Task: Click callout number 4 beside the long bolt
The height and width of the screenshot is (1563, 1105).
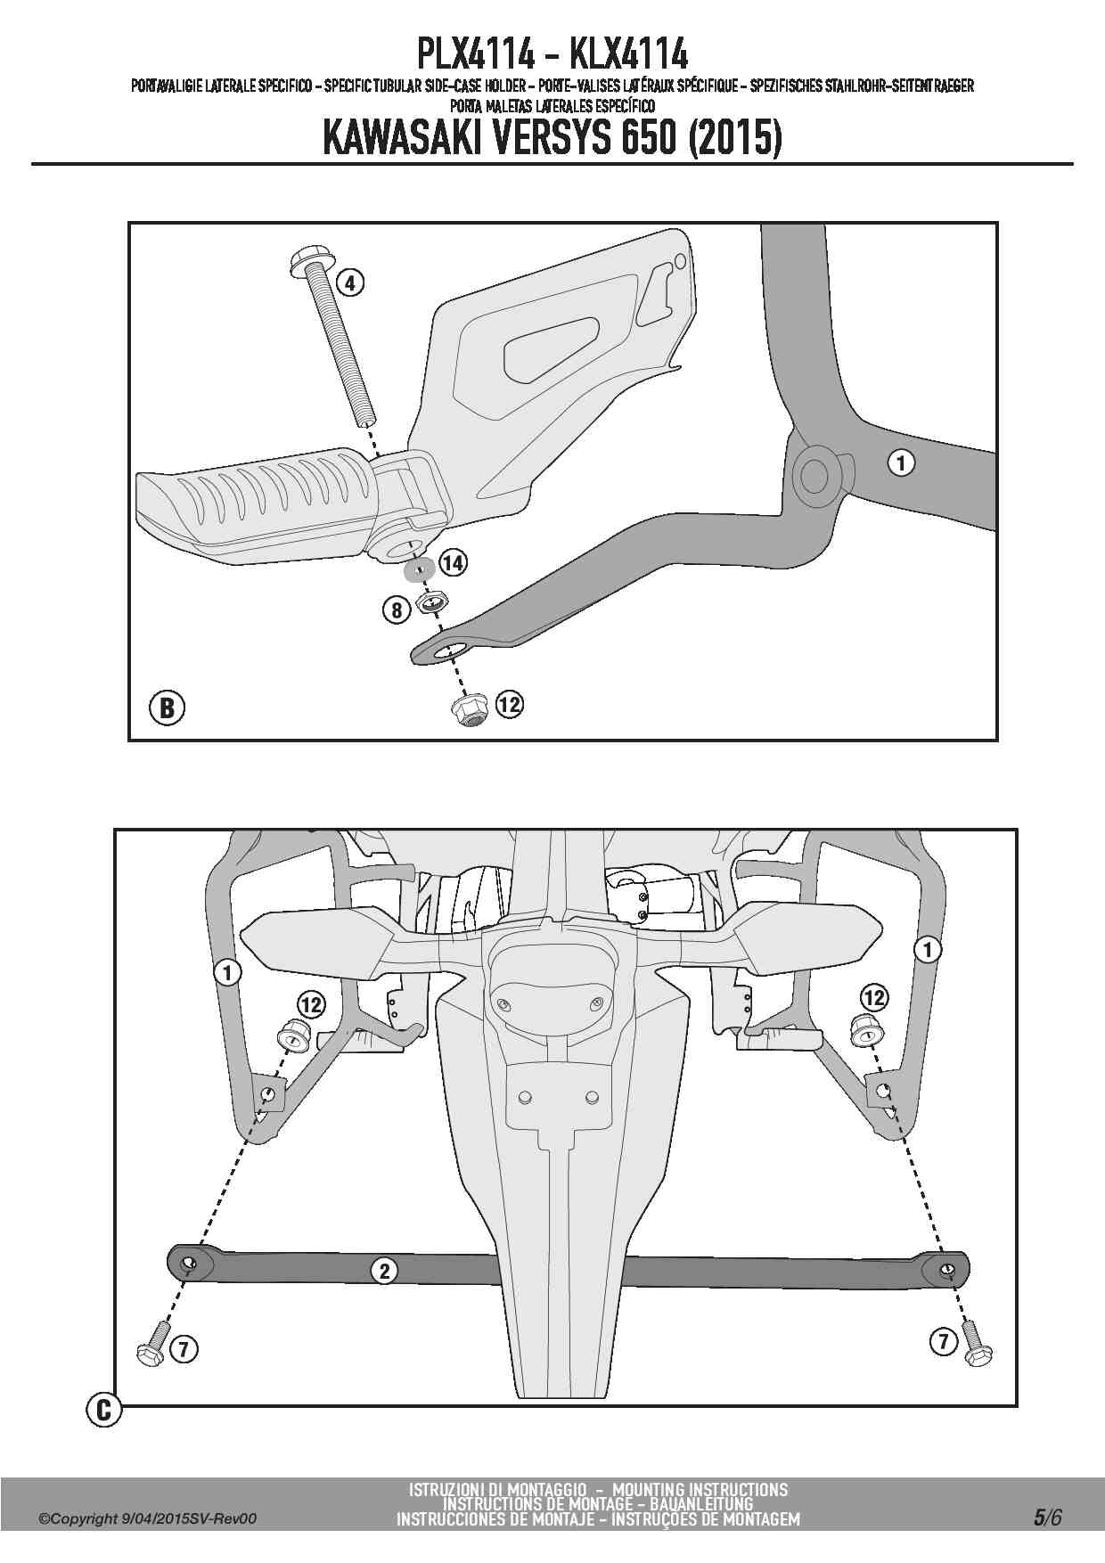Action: coord(350,282)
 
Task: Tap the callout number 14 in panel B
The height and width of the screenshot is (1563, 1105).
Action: coord(453,562)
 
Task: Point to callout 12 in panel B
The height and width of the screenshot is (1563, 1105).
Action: coord(509,705)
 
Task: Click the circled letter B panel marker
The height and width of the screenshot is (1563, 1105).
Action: coord(166,708)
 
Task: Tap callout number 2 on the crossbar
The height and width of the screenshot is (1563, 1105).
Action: coord(384,1270)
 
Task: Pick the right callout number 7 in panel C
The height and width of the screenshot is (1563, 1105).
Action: coord(944,1341)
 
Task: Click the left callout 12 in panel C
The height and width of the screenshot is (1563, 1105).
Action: coord(311,1005)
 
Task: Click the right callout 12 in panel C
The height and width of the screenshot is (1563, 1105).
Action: coord(873,996)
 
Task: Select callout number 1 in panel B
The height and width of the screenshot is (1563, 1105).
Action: coord(902,462)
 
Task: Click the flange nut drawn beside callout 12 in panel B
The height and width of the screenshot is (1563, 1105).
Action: coord(470,710)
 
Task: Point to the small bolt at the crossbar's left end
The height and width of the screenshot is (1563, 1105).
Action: coord(152,1343)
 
